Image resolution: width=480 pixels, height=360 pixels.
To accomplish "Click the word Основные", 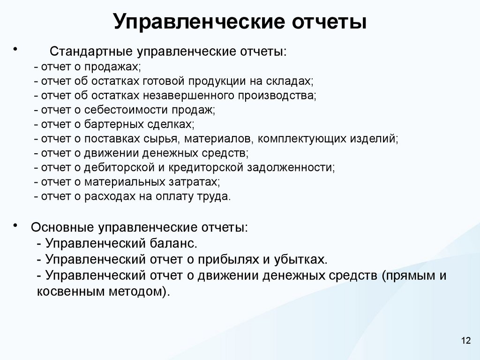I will click(62, 228).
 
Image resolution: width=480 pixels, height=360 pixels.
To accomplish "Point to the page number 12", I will click(465, 340).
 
